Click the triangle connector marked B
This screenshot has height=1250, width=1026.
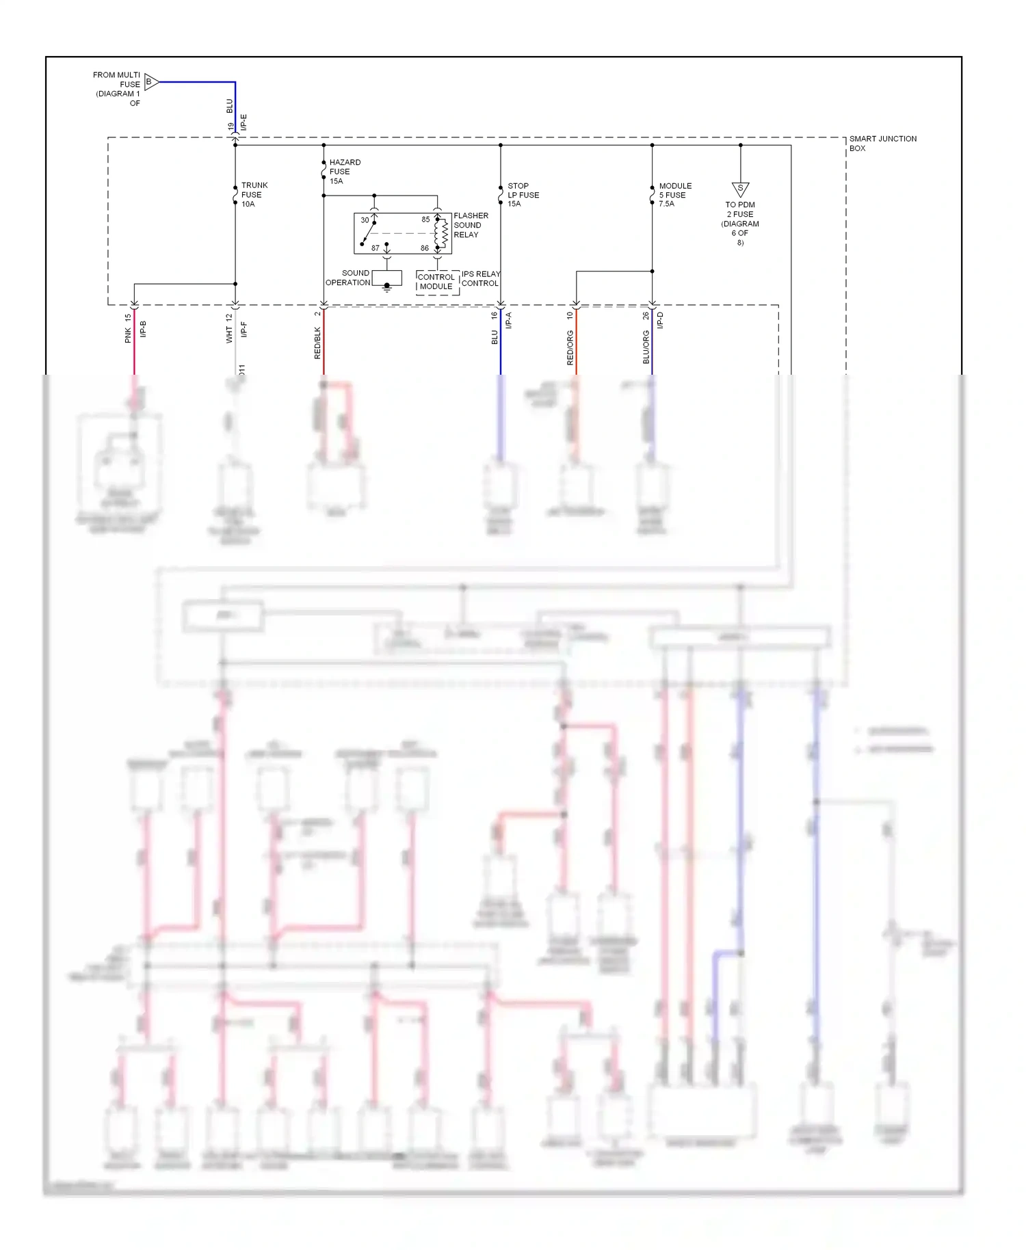point(150,82)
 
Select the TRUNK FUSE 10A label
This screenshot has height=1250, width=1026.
point(254,195)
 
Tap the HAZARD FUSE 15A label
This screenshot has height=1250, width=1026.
point(344,172)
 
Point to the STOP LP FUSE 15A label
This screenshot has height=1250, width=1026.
point(523,195)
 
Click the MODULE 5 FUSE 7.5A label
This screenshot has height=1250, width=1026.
point(674,195)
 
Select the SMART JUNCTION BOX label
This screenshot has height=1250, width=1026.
point(882,143)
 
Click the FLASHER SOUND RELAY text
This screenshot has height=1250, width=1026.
point(471,225)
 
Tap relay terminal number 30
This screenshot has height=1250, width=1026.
point(365,220)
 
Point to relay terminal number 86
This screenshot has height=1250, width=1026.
point(425,248)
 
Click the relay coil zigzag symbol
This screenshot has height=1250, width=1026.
point(443,234)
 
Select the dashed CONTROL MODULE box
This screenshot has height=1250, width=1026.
point(436,282)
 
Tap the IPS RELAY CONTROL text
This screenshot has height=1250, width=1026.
point(480,278)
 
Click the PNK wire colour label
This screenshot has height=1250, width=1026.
point(128,335)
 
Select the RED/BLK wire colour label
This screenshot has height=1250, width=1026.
point(317,343)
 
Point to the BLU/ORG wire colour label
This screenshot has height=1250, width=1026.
point(646,347)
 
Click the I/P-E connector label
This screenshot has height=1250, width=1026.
point(244,122)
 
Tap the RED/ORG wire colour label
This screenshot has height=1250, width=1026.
point(570,347)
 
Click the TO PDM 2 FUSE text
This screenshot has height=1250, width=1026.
point(740,209)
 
